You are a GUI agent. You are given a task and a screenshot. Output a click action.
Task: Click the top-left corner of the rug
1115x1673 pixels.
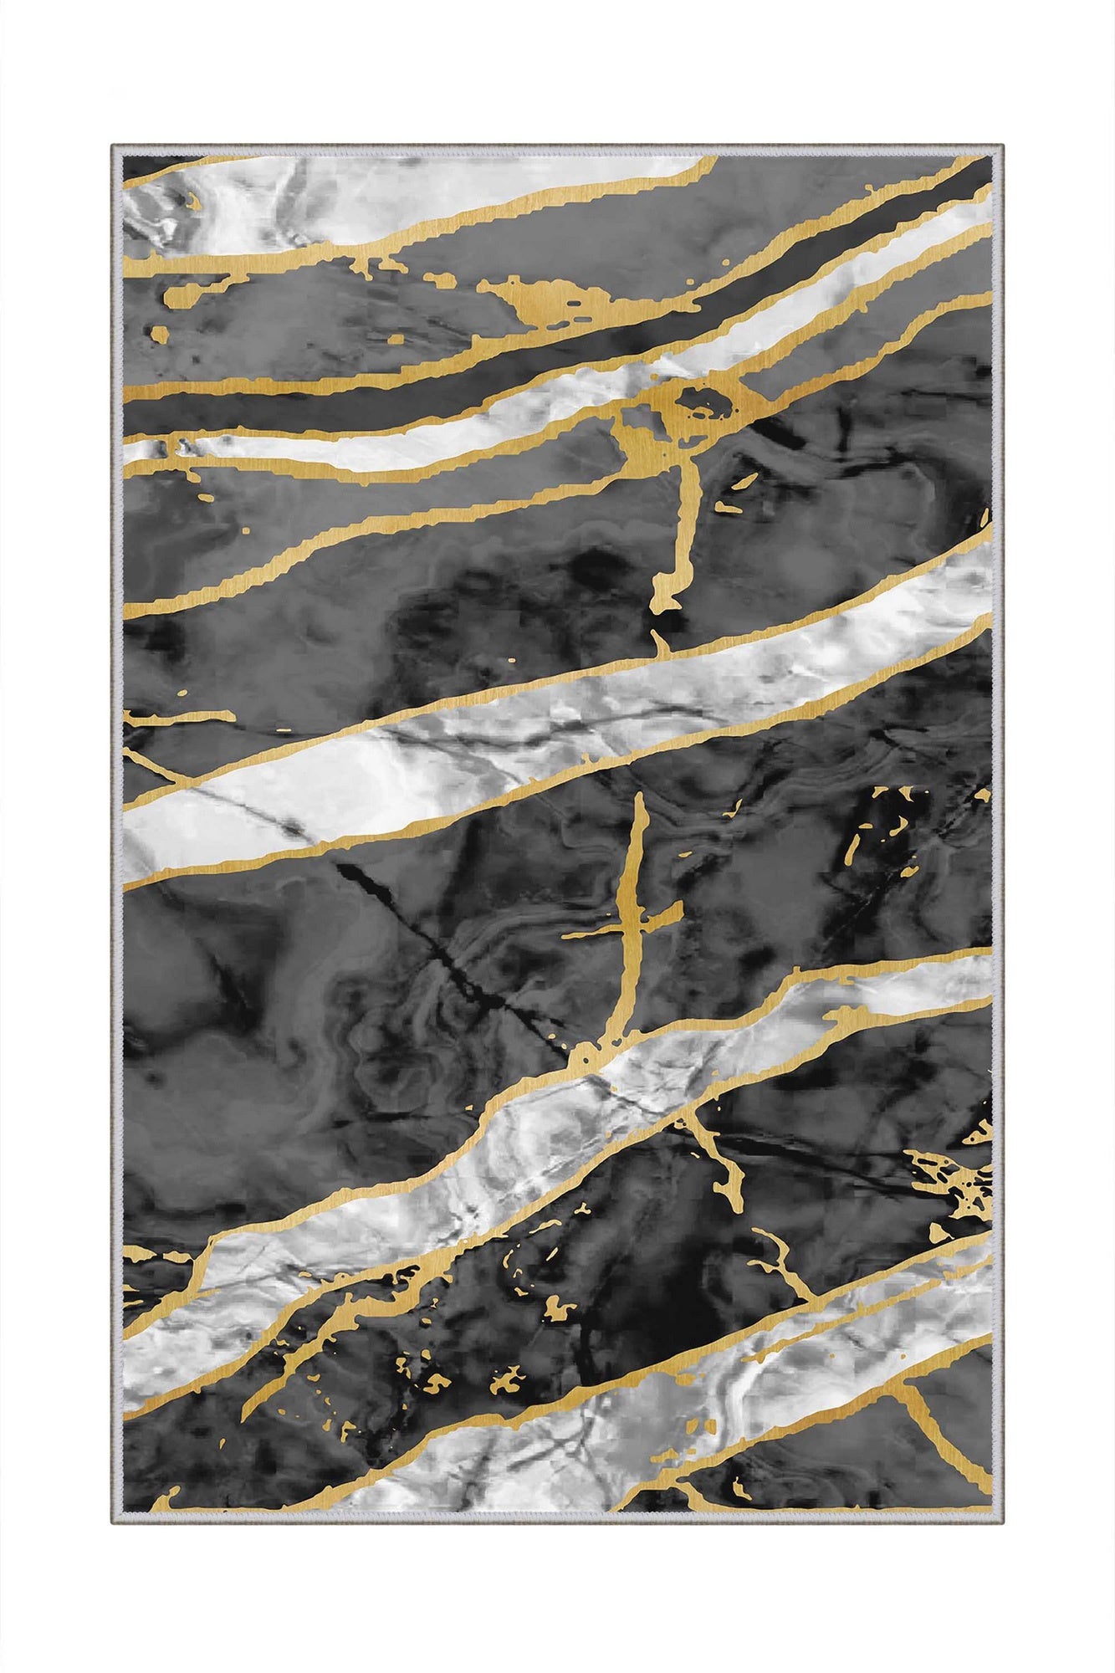point(113,146)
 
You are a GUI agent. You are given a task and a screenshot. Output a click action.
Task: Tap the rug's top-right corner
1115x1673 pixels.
point(1001,146)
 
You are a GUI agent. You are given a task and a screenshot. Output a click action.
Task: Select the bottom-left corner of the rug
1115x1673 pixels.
point(113,1524)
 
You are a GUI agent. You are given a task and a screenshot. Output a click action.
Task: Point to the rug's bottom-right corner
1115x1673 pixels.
point(1001,1524)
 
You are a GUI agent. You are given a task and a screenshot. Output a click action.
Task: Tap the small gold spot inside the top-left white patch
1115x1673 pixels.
point(193,203)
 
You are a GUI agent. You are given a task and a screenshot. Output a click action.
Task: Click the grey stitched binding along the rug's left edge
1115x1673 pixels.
point(117,836)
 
